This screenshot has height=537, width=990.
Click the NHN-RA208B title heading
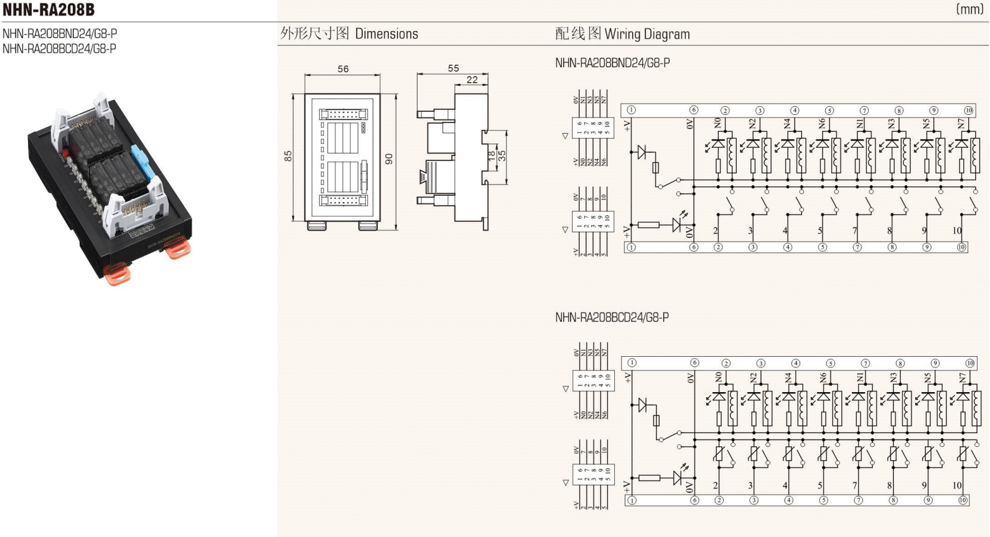coord(49,9)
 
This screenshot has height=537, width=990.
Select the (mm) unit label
coord(969,9)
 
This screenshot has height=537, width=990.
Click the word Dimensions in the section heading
coord(386,34)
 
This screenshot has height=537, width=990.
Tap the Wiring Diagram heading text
coord(647,34)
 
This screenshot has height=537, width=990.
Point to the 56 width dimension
coord(343,69)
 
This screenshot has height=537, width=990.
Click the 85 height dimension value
coord(288,156)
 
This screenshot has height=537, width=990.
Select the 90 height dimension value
coord(390,159)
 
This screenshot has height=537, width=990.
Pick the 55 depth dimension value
coord(453,68)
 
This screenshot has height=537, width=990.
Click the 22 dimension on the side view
coord(472,80)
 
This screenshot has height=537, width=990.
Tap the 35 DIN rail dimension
coord(502,155)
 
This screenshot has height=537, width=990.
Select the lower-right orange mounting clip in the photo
coord(177,249)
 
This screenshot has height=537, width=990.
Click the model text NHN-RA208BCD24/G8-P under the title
coord(59,48)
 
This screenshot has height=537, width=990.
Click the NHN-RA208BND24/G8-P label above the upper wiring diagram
coord(612,63)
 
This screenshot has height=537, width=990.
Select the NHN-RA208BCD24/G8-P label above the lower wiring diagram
coord(612,318)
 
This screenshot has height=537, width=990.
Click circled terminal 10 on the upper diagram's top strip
coord(968,111)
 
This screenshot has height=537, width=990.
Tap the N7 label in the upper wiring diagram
coord(961,124)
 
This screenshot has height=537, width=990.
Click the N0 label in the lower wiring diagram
coord(719,377)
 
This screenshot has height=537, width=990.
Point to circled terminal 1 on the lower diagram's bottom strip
coord(632,500)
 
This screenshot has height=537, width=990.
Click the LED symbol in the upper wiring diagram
coord(678,224)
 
